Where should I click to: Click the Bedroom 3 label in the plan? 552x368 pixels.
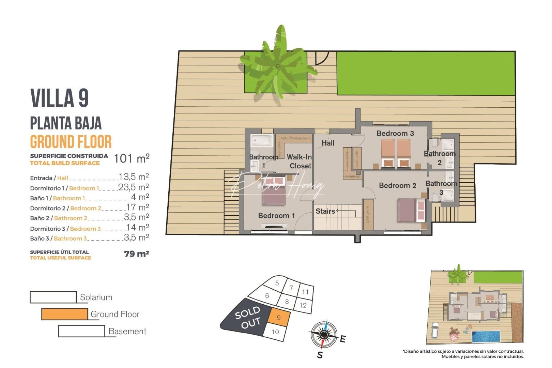(x=395, y=134)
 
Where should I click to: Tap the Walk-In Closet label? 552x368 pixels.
(x=299, y=162)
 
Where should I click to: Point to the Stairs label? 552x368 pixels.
(x=325, y=211)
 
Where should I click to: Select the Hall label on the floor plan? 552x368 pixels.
(x=328, y=143)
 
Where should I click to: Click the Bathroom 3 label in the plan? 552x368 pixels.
(x=441, y=188)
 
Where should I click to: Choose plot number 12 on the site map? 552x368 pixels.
(x=303, y=305)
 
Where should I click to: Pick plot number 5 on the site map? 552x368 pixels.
(x=277, y=283)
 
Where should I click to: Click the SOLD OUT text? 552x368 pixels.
(x=248, y=318)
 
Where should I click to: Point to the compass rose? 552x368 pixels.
(x=324, y=335)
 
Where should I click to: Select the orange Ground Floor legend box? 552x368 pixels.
(x=64, y=314)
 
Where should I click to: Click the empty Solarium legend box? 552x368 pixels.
(x=53, y=297)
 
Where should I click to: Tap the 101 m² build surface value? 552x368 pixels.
(x=132, y=159)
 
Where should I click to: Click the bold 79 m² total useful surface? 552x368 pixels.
(x=137, y=254)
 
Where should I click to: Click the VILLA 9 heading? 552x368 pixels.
(x=60, y=98)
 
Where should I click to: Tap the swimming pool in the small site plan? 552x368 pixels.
(x=486, y=337)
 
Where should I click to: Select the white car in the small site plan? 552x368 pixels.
(x=435, y=329)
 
